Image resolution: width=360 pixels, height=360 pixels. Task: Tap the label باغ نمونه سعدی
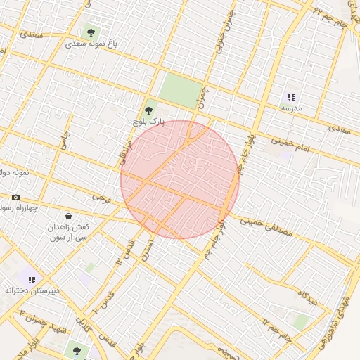[x=91, y=44]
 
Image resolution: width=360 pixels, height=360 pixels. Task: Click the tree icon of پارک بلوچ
[x=148, y=110]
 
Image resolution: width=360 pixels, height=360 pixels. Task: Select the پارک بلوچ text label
[x=148, y=122]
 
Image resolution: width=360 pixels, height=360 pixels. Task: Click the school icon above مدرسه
[x=292, y=98]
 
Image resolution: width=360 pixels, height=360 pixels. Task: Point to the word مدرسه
[x=292, y=109]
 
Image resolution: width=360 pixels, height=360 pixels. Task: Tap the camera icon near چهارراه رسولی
[x=16, y=198]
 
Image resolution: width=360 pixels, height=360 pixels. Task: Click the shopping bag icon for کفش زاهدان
[x=68, y=217]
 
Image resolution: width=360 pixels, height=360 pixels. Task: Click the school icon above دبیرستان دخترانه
[x=32, y=279]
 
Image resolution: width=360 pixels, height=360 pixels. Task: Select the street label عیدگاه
[x=310, y=297]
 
